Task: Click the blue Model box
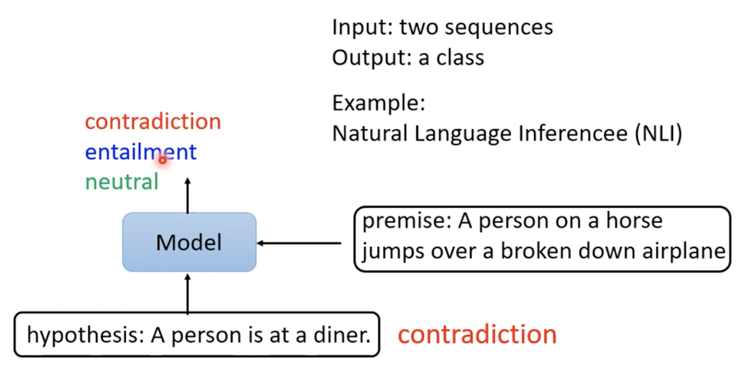point(189,242)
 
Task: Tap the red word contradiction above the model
point(152,121)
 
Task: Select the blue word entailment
point(140,152)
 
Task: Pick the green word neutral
point(122,182)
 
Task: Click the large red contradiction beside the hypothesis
point(477,334)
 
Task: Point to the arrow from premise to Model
point(299,243)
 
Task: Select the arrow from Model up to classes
point(188,196)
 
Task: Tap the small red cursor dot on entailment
point(163,160)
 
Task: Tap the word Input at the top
point(362,27)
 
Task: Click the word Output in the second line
point(371,58)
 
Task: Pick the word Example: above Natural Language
point(378,103)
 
